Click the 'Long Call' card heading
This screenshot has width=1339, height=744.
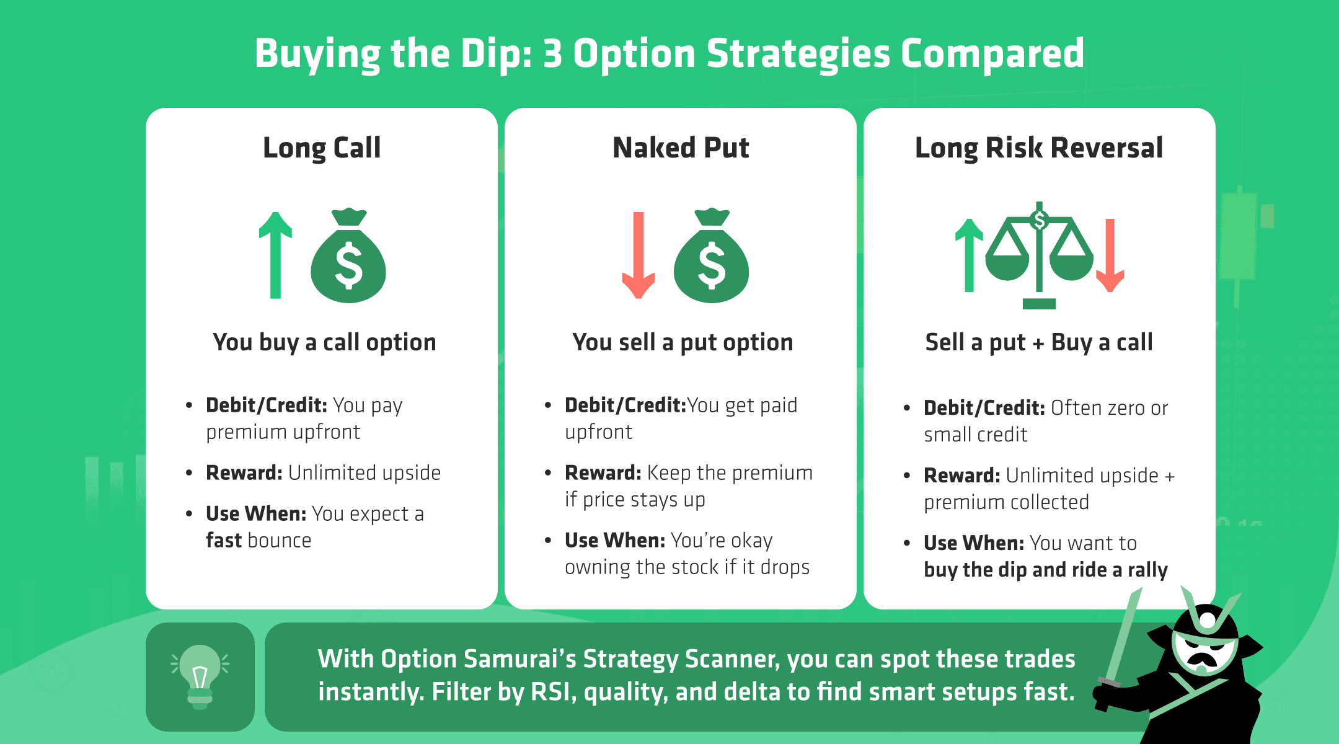point(322,148)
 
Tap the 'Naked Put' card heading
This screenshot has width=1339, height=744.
point(681,148)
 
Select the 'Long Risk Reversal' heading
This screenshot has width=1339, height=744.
point(1039,148)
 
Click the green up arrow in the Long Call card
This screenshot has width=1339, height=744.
point(275,254)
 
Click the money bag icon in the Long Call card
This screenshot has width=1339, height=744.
point(348,257)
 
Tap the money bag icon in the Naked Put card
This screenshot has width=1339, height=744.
point(712,257)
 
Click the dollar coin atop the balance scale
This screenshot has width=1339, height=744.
point(1040,219)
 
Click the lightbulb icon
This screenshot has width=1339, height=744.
point(200,676)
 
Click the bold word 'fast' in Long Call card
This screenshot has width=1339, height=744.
point(224,541)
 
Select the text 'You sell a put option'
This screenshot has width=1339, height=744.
point(683,342)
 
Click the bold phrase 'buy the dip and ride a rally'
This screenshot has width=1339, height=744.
point(1045,570)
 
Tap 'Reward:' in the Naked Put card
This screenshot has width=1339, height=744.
point(603,473)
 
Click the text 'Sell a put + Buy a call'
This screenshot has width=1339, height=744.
point(1039,342)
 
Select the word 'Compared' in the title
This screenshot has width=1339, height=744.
point(992,54)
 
